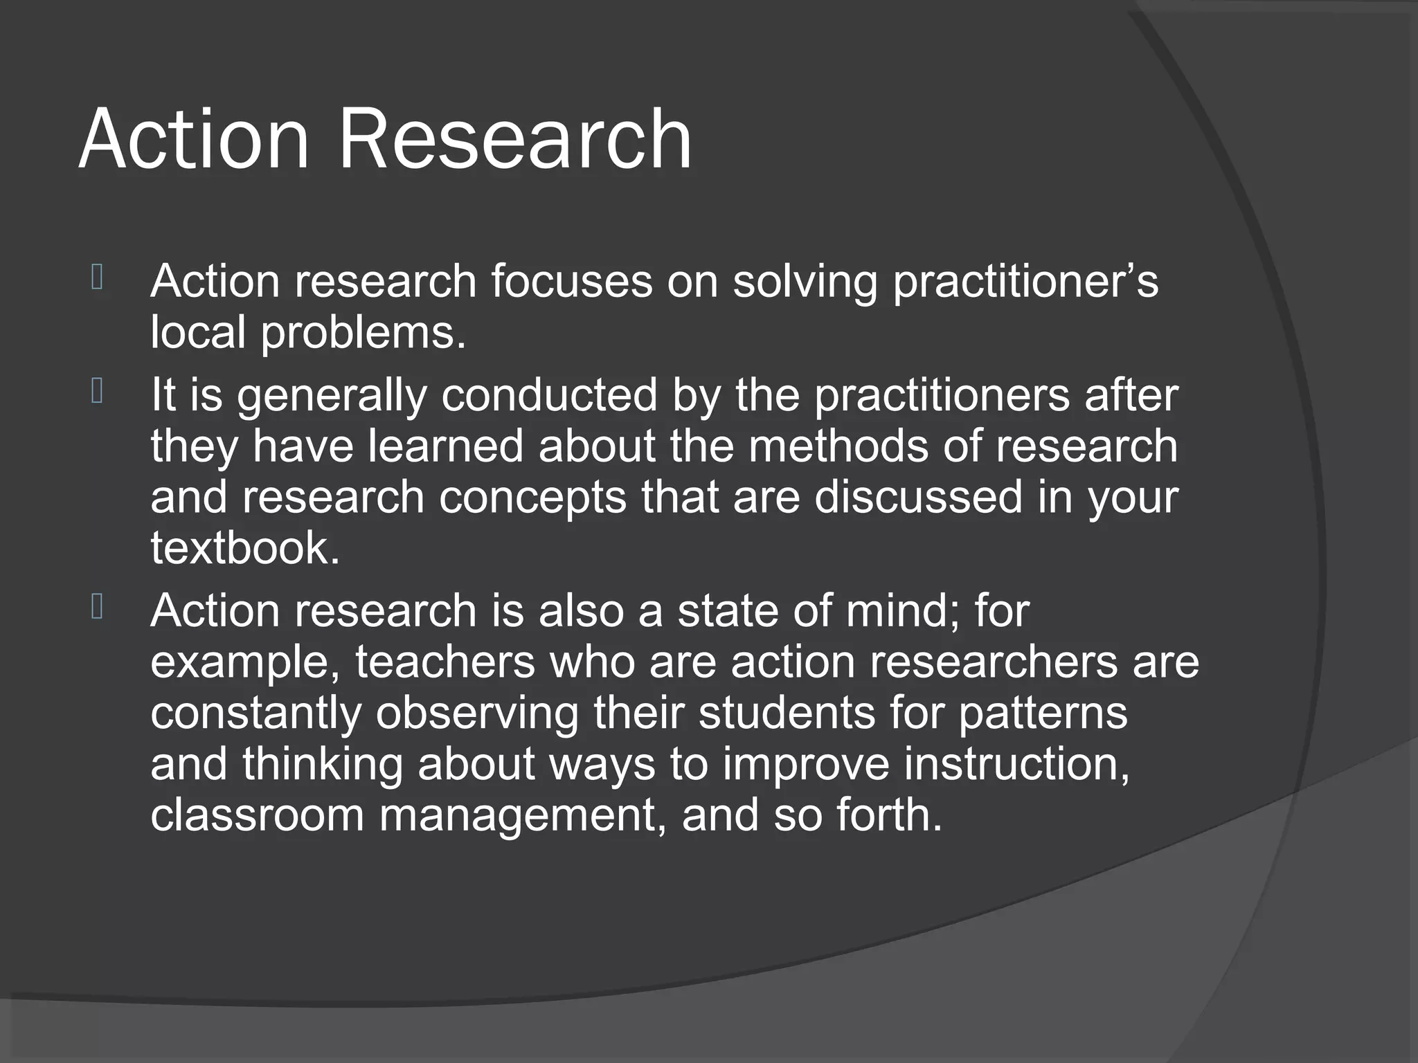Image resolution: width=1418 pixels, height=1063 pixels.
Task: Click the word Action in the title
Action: tap(193, 140)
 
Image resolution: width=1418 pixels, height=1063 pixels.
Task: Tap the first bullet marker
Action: tap(97, 278)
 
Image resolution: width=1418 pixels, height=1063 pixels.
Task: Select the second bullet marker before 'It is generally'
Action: tap(97, 392)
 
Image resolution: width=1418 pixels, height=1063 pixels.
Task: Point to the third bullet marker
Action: tap(97, 608)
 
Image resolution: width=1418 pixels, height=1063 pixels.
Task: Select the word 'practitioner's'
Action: tap(1025, 282)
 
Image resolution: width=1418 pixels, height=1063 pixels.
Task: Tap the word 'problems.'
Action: tap(363, 334)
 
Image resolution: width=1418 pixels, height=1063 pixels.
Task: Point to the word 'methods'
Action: tap(838, 446)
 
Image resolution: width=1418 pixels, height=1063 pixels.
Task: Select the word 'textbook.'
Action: tap(245, 548)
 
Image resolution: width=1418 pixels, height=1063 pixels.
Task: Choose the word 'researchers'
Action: tap(993, 662)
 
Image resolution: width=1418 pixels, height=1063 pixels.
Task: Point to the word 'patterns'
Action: tap(1043, 713)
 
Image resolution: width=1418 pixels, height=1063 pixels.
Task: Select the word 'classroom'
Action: tap(257, 815)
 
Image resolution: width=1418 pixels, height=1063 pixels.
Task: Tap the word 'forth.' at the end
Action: tap(889, 815)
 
